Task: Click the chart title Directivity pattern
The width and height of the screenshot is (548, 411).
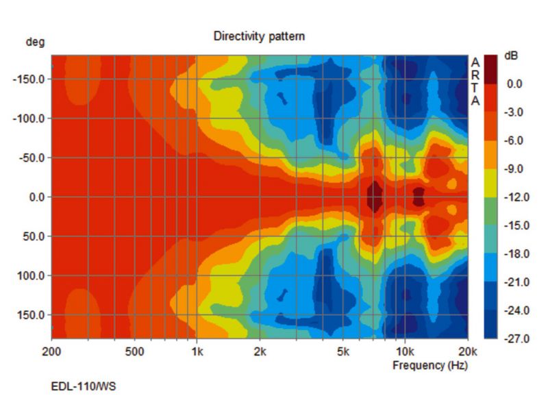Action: (x=259, y=36)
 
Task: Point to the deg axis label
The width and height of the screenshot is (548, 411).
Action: (x=36, y=42)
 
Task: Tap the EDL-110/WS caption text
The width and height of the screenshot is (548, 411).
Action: (x=84, y=387)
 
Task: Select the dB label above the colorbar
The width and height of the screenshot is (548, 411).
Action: (x=511, y=55)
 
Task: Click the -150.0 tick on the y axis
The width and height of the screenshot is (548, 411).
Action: (x=29, y=79)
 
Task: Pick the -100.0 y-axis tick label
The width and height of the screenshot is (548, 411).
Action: (x=29, y=119)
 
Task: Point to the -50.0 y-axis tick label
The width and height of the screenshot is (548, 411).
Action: (x=32, y=158)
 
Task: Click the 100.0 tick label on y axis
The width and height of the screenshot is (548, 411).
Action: (x=31, y=276)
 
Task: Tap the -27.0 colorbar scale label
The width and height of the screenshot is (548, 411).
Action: (x=517, y=339)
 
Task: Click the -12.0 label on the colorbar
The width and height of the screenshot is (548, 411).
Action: (x=517, y=197)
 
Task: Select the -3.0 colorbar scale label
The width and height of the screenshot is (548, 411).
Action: (x=519, y=112)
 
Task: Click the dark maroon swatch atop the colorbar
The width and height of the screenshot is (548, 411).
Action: (x=491, y=62)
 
